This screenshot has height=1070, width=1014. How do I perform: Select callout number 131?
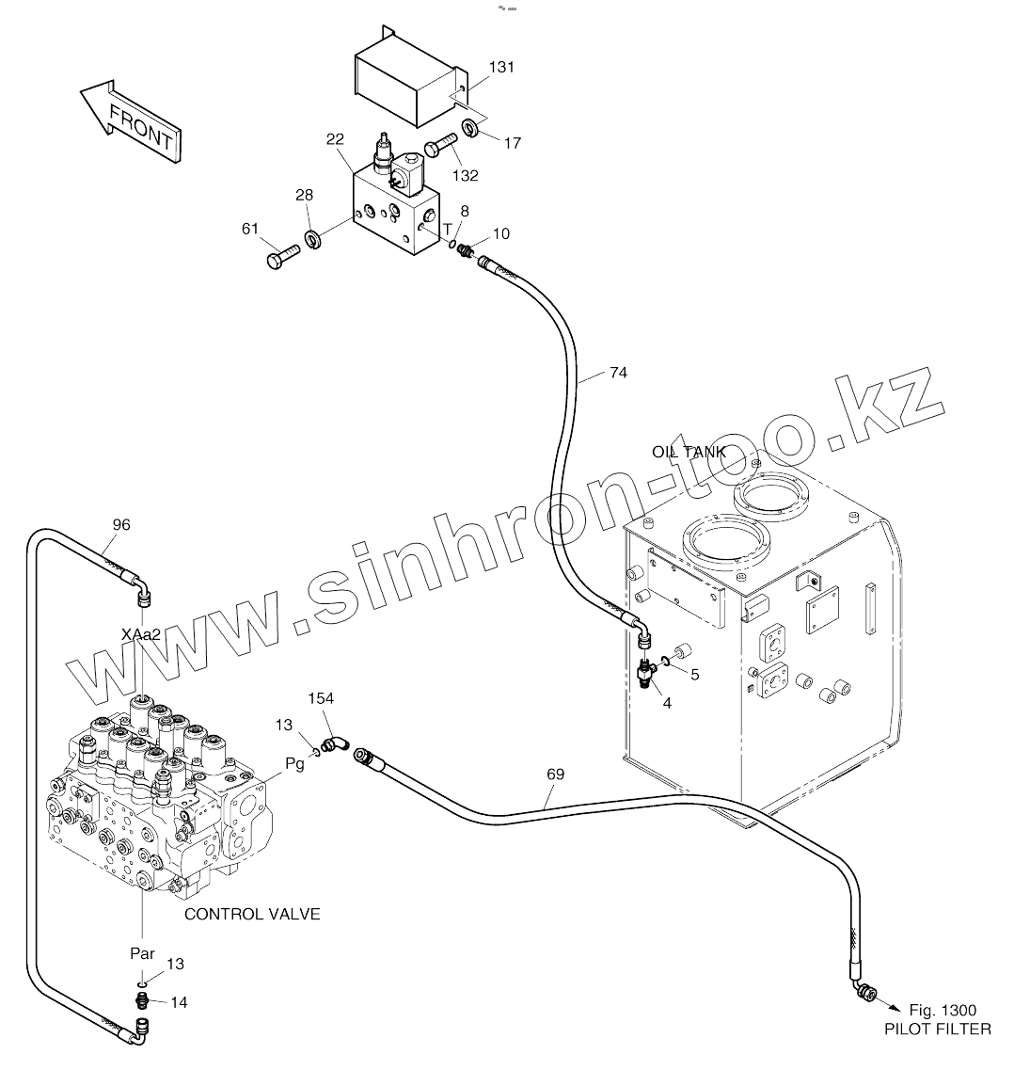pos(502,68)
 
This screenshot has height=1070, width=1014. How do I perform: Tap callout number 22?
pos(335,140)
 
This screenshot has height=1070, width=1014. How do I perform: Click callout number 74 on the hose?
pos(617,373)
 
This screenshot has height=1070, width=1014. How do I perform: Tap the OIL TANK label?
pos(689,452)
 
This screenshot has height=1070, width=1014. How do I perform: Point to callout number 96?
pos(121,524)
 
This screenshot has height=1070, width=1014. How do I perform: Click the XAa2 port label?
pos(142,634)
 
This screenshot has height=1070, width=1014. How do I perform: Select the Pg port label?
pos(294,764)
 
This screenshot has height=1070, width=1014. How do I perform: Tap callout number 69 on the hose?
pos(555,775)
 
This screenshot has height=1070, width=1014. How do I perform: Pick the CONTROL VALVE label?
pos(252,914)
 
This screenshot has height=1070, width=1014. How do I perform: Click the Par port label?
pos(143,953)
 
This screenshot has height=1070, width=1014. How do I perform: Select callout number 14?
pos(179,1002)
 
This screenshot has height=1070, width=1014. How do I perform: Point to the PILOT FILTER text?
pos(937,1030)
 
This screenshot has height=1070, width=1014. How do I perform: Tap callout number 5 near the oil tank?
pos(695,674)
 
